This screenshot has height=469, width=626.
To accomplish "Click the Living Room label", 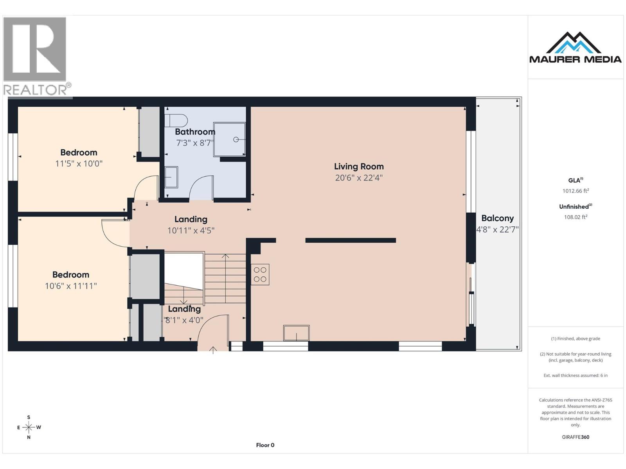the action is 359,166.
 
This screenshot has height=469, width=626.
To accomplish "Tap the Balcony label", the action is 497,218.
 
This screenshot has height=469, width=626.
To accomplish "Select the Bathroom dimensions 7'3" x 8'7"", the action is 195,143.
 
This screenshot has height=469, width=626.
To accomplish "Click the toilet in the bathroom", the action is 176,120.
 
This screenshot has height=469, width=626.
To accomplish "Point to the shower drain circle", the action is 236,140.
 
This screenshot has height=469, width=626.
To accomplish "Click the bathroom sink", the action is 171,177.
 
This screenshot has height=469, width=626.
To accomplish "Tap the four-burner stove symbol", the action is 260,274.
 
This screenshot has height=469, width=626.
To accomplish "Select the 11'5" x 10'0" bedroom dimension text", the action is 79,164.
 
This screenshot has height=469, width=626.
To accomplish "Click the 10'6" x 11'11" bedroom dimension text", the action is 71,286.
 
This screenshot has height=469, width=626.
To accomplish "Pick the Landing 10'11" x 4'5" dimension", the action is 191,230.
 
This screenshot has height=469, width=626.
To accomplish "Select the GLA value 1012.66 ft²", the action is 576,191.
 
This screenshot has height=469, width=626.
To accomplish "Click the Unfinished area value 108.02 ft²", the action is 576,217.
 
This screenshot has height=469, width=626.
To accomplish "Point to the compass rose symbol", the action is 29,427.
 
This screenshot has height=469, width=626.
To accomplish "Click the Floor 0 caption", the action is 265,445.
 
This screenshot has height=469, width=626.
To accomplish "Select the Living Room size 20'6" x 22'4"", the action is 359,178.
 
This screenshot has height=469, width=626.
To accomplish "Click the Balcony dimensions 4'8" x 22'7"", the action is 497,229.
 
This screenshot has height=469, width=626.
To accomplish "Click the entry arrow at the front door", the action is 213,350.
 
